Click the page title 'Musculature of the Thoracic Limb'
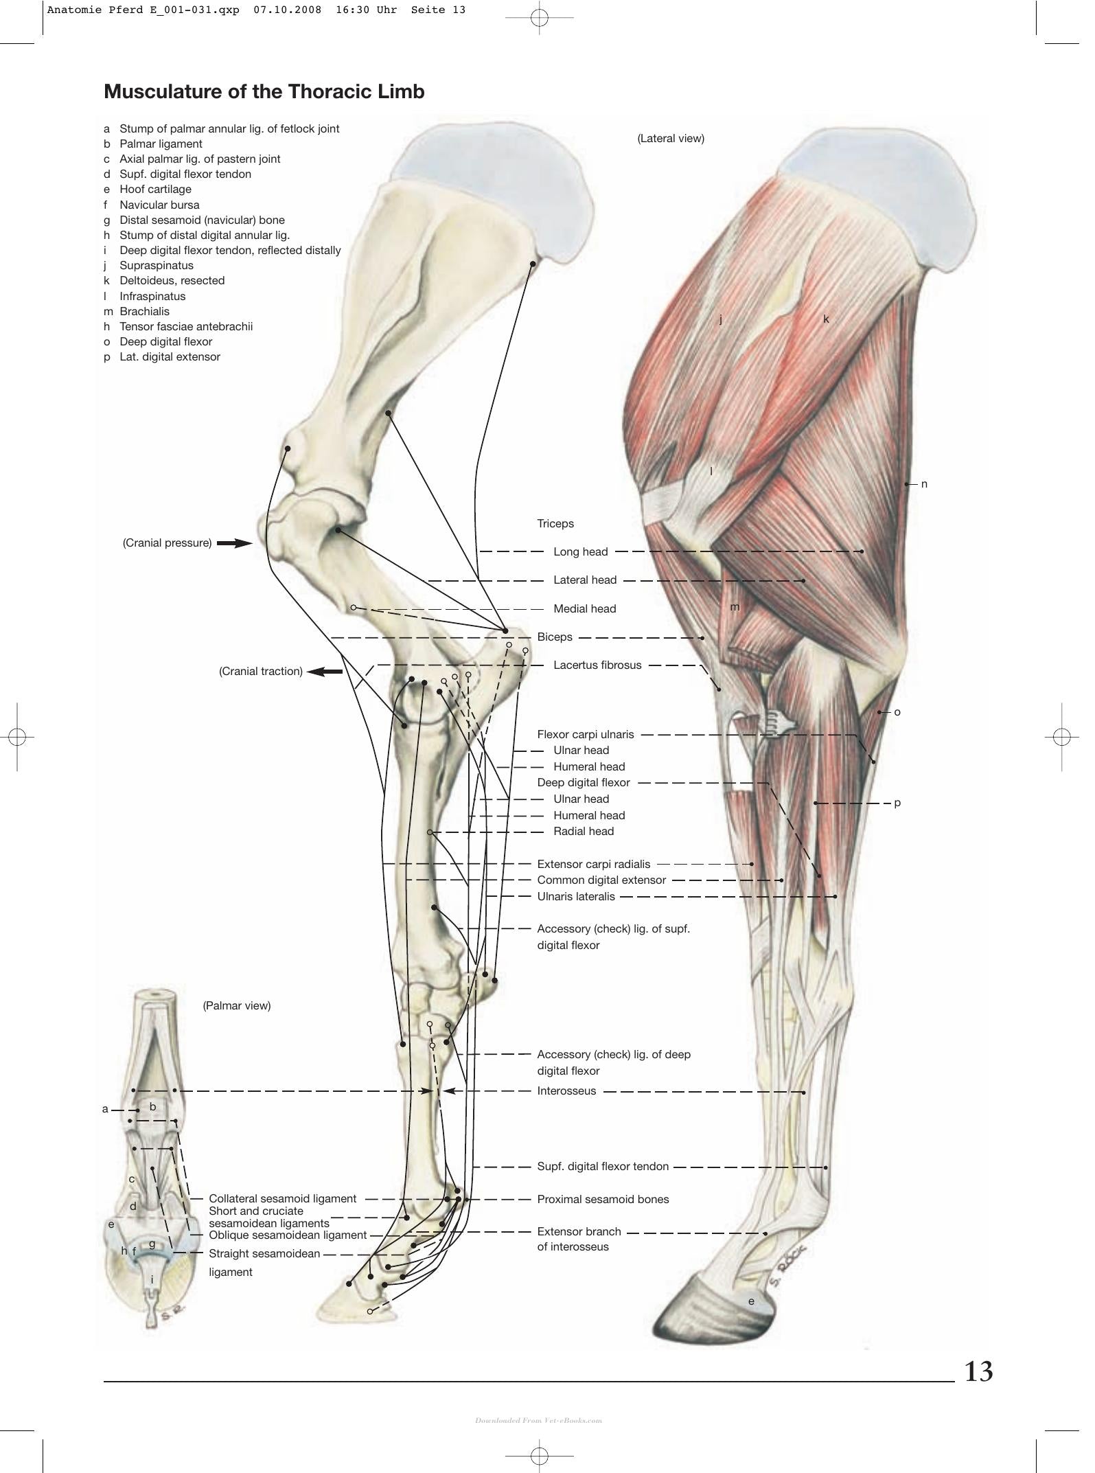264,91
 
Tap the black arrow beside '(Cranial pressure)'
235,543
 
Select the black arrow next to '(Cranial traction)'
325,672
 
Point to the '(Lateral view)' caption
671,138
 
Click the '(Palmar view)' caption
237,1005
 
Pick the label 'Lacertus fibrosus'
597,665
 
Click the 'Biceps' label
555,637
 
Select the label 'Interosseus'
566,1091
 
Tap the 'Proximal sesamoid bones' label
603,1199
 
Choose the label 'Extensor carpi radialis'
594,864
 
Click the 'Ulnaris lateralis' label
576,896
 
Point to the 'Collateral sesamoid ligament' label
282,1198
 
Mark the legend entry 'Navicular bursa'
159,205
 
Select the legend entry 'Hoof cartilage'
155,189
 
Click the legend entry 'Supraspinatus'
157,265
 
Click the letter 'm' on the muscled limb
735,607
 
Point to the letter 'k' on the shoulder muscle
826,319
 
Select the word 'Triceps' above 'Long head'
555,523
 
